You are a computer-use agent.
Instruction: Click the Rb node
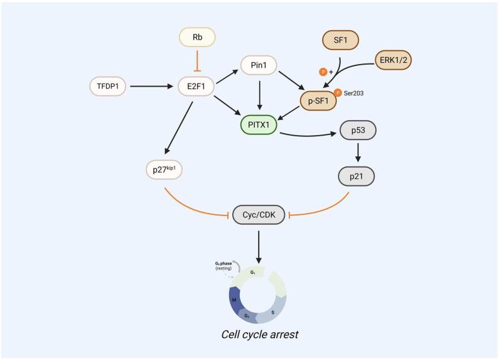pos(196,38)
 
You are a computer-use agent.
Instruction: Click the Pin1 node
pos(258,65)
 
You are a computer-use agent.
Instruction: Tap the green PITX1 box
pos(259,124)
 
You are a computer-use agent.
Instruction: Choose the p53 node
pos(357,133)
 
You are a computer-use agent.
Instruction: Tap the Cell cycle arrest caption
pos(259,334)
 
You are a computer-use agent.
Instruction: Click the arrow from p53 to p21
pos(357,154)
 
